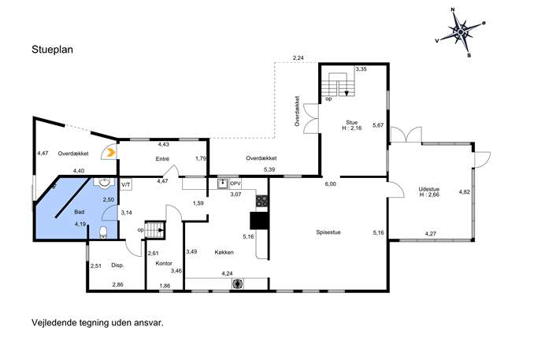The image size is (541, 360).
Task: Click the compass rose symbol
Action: point(461,32)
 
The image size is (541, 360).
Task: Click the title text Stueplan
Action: point(53,50)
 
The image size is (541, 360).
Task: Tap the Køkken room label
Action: point(224,252)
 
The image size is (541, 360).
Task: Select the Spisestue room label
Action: point(328,232)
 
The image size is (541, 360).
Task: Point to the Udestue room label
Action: point(429,189)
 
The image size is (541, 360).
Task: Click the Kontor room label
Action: point(164,263)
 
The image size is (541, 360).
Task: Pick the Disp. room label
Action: point(117,265)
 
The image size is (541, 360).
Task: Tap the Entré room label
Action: point(162,159)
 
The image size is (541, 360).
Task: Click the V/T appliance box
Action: point(126,185)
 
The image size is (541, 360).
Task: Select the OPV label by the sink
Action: point(235,184)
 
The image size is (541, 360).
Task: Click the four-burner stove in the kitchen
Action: point(262,201)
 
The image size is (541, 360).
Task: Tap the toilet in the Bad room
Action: point(103,232)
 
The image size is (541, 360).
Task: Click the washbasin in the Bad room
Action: point(103,183)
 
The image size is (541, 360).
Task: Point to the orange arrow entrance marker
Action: point(110,153)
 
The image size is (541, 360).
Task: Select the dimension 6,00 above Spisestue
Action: point(330,184)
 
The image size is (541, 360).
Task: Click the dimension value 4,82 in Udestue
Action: point(465,192)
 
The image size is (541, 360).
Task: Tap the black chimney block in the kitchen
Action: point(259,221)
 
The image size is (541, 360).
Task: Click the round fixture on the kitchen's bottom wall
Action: point(237,284)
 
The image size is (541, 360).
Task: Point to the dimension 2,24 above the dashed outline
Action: point(298,58)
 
